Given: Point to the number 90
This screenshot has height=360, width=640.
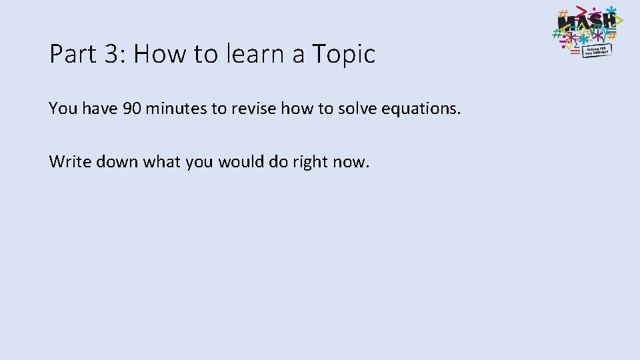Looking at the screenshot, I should click(x=131, y=108).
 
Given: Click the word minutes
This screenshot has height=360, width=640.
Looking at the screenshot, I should click(x=175, y=108).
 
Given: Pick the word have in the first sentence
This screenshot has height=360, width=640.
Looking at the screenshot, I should click(x=101, y=108).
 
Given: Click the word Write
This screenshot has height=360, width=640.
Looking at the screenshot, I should click(x=66, y=161).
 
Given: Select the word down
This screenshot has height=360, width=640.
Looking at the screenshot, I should click(x=109, y=161).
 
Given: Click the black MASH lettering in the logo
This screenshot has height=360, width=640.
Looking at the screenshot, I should click(x=585, y=25).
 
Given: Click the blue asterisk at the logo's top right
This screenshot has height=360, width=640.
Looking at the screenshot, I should click(x=611, y=11).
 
